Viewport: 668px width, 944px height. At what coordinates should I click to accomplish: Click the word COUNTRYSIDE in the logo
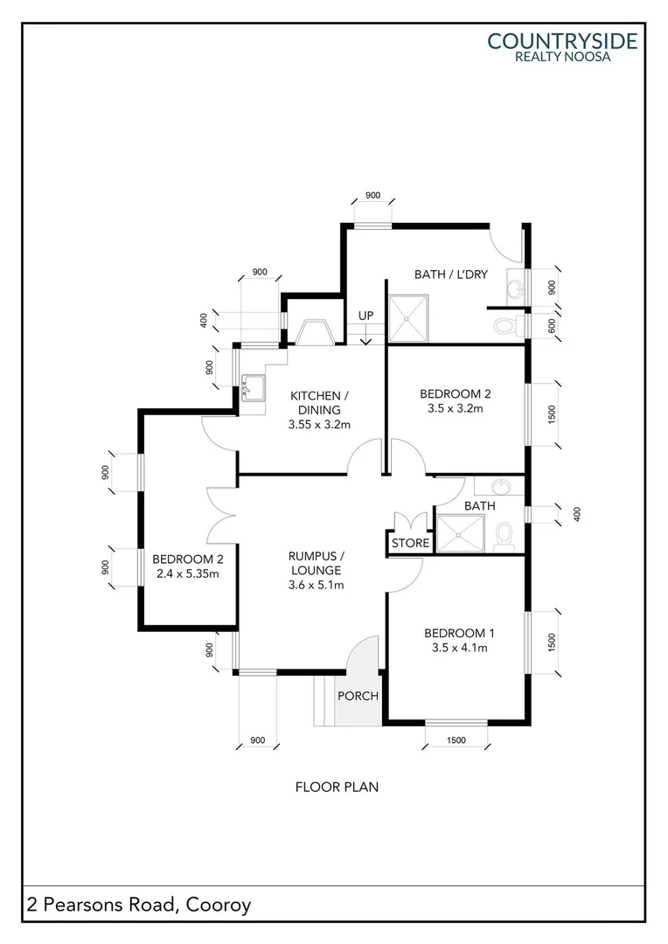[562, 40]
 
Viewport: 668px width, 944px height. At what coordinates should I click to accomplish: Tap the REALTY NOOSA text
[562, 57]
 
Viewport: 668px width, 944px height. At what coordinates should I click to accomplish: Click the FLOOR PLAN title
[337, 787]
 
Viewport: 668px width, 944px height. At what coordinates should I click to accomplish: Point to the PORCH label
[358, 697]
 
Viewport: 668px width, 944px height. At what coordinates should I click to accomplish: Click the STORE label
[410, 544]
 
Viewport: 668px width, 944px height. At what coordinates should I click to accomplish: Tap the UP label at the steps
[365, 315]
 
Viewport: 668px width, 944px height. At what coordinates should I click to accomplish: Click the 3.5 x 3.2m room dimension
[455, 407]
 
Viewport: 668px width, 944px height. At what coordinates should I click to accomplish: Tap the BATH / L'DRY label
[450, 274]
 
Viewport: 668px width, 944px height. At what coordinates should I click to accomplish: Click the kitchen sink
[252, 387]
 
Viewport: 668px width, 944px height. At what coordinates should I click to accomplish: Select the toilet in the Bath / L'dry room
[505, 326]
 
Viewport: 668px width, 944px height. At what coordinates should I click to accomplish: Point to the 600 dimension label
[551, 325]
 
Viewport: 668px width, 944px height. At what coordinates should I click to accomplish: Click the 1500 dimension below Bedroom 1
[455, 740]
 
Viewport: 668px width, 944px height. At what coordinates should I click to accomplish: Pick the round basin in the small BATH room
[498, 487]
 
